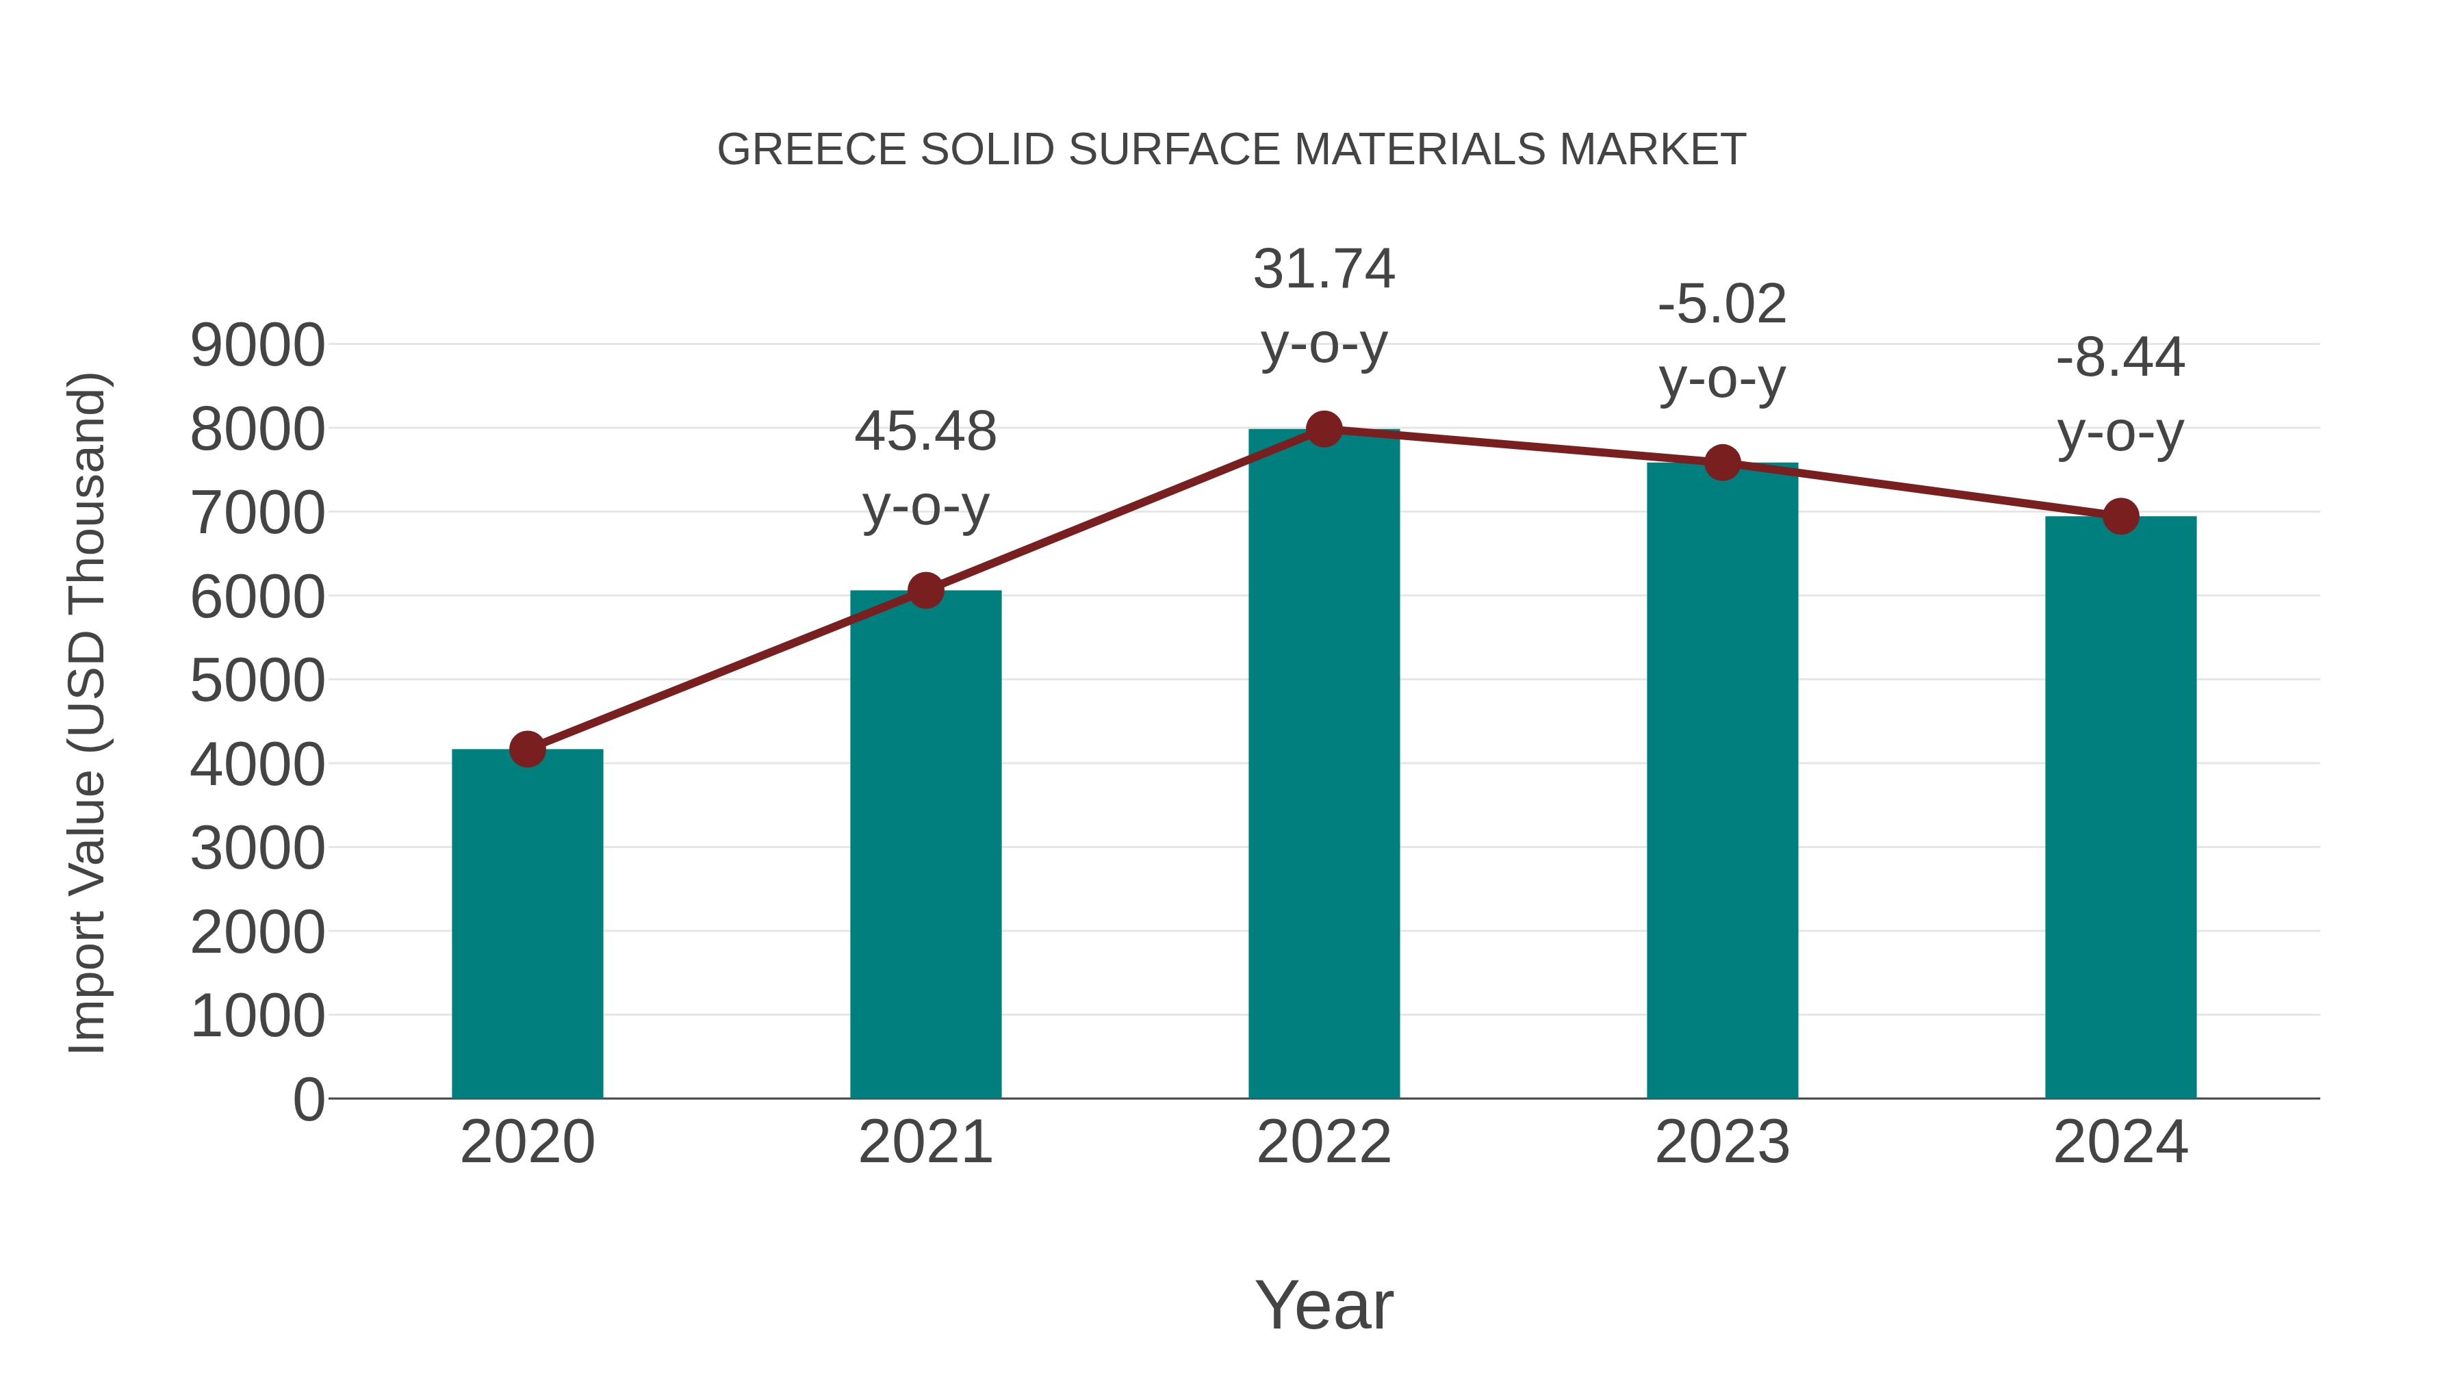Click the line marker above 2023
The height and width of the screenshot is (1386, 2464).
click(1722, 463)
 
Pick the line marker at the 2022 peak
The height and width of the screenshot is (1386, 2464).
click(1324, 429)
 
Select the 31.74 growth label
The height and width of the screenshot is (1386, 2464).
click(1324, 269)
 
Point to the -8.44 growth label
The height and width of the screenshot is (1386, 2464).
click(2120, 358)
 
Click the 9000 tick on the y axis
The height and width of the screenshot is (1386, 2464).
click(257, 346)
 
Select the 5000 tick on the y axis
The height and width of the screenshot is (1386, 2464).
click(257, 681)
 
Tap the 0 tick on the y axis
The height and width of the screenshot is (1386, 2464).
click(309, 1099)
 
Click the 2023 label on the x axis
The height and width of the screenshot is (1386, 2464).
click(1722, 1142)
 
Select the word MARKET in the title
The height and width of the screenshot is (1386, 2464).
click(1652, 150)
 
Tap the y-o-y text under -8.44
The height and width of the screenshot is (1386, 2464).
click(2120, 433)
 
